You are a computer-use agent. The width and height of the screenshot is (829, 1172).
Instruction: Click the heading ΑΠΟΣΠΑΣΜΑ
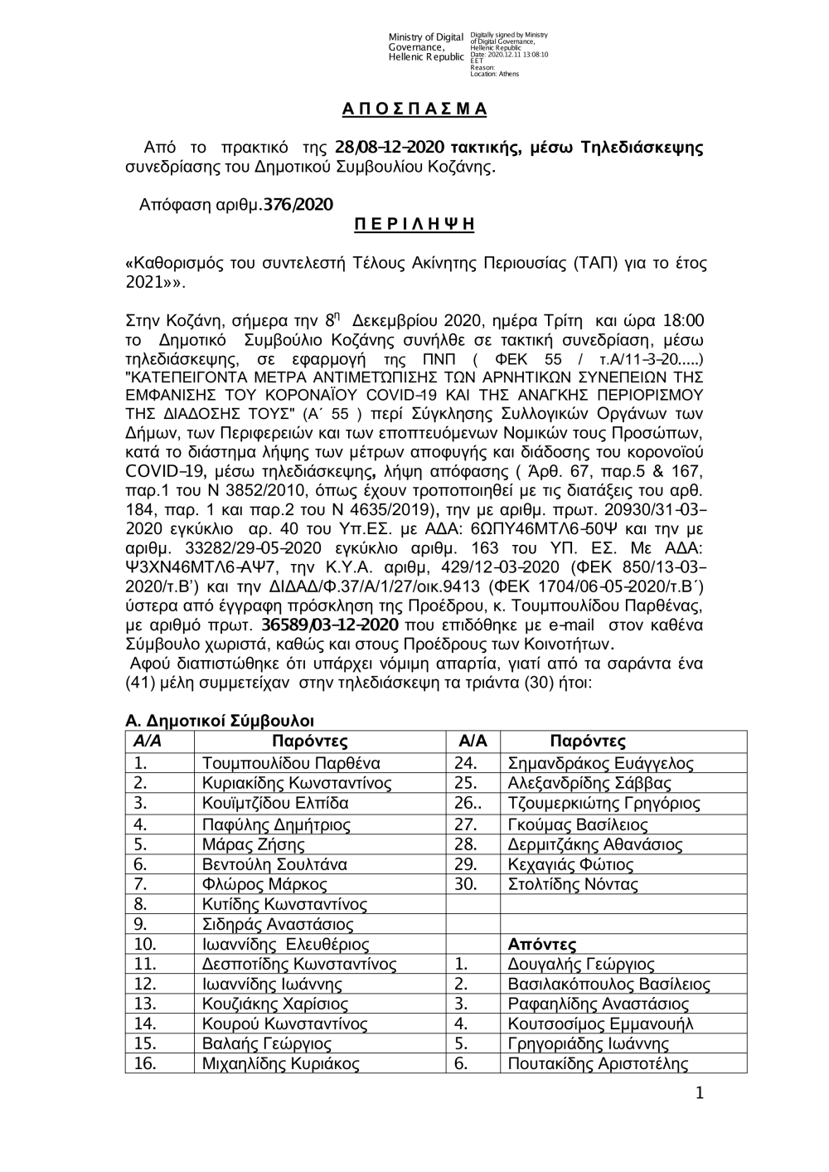tap(414, 109)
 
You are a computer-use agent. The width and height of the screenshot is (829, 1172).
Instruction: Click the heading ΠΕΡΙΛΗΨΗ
tap(414, 225)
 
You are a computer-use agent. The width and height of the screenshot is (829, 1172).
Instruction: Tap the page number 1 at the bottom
tap(701, 1095)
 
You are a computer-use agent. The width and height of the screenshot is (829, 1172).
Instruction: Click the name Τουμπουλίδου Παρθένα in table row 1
tap(291, 764)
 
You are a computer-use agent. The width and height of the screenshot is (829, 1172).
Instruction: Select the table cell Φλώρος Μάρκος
tap(264, 884)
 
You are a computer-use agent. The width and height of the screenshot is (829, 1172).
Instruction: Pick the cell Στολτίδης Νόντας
tap(572, 884)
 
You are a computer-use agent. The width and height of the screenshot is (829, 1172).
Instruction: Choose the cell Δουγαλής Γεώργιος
tap(580, 964)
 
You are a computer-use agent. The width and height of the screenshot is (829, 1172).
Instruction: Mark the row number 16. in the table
tap(145, 1064)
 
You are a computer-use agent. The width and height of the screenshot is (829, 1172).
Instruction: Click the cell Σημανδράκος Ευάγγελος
tap(600, 764)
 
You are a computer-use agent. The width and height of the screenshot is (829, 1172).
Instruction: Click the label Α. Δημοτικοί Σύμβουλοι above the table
tap(220, 722)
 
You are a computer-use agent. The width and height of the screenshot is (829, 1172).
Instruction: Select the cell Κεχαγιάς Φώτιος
tap(570, 864)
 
